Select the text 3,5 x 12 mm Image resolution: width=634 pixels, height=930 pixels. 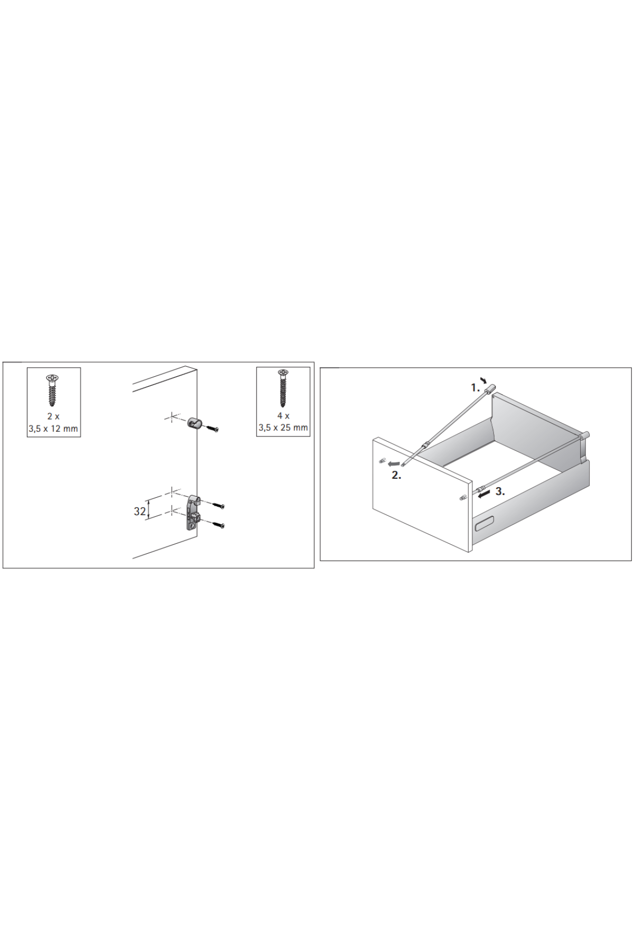pos(53,429)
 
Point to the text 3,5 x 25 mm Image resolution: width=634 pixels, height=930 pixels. pos(283,427)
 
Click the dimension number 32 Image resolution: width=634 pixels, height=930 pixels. pos(139,512)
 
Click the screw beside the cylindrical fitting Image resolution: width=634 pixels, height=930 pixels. pos(212,429)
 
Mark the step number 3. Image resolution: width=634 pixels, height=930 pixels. pos(500,491)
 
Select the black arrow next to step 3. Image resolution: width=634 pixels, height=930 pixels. pos(483,494)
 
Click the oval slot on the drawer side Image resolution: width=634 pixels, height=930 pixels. pos(484,524)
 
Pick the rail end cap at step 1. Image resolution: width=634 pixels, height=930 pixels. pos(491,388)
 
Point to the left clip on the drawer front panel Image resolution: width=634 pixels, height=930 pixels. pos(381,461)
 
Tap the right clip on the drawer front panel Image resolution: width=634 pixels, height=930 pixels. pos(463,497)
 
